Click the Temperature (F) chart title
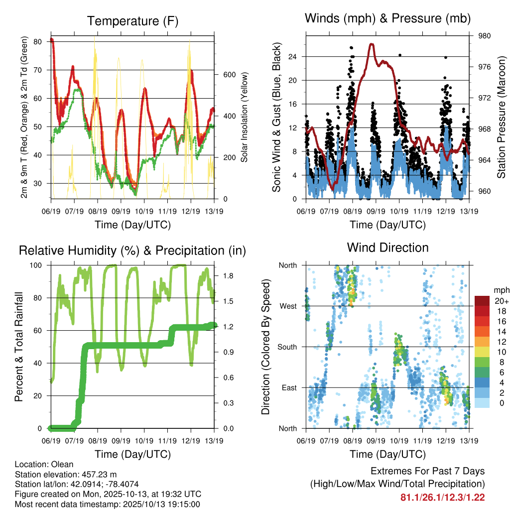[x=132, y=21]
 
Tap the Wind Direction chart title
[x=387, y=248]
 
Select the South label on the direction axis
[x=288, y=347]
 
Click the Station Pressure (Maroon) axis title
[x=501, y=118]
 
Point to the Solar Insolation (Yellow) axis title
[x=245, y=118]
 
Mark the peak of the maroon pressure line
[x=372, y=44]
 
